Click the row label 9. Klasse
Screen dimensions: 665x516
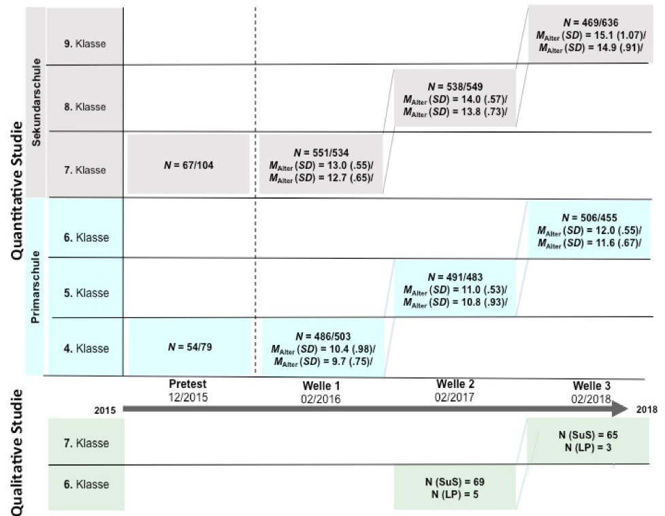pos(85,44)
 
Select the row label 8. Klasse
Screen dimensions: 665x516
pos(85,107)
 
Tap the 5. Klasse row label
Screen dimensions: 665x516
pos(86,293)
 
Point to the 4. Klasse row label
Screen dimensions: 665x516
pos(86,349)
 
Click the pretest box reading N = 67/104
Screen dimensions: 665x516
pos(189,165)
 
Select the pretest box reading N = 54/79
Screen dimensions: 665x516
pos(190,346)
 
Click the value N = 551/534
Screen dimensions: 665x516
pos(321,152)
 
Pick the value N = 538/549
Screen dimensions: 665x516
pos(455,87)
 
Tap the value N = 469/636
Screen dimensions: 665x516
pos(591,22)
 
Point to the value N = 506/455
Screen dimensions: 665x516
pos(589,218)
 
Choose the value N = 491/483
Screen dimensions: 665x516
pos(455,277)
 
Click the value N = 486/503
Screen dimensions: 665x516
pos(323,337)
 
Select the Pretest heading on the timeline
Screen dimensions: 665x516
pos(188,384)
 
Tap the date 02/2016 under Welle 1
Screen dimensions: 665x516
pos(321,399)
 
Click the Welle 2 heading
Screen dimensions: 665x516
pos(455,384)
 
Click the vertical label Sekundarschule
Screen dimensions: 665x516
pos(37,102)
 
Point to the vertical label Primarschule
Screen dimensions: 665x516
pos(35,287)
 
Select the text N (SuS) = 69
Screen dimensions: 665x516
pos(455,482)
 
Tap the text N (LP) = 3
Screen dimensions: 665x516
pos(588,448)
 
